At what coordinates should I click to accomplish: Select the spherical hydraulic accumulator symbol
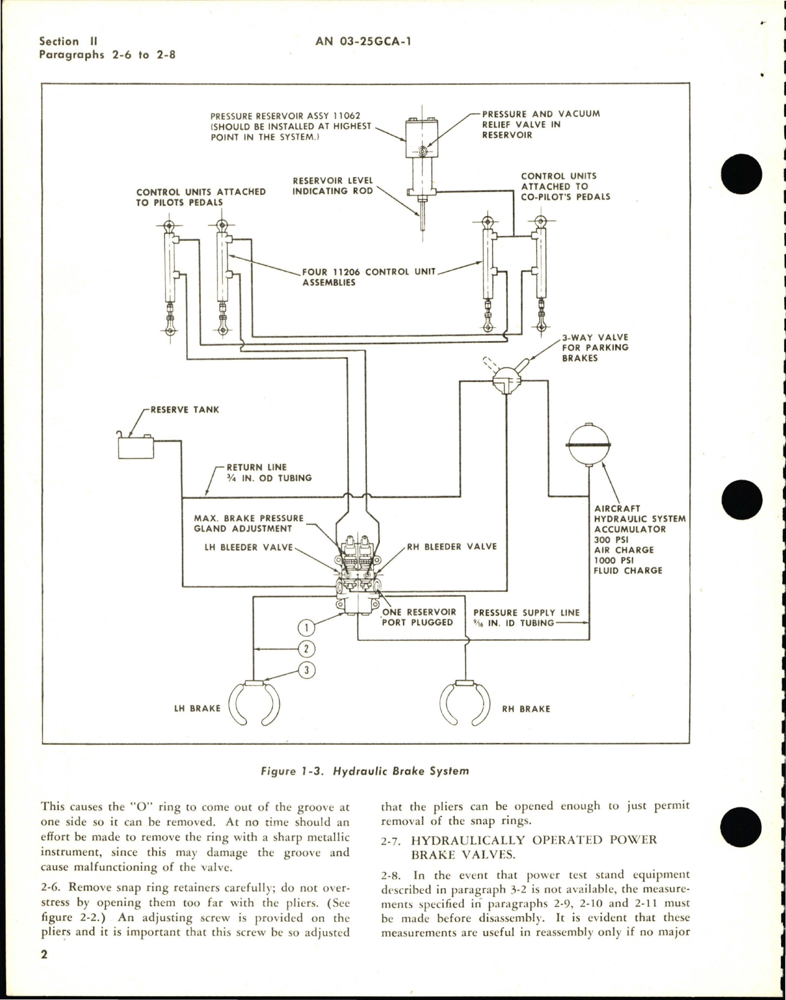tap(587, 444)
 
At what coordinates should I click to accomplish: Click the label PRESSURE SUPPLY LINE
tap(526, 613)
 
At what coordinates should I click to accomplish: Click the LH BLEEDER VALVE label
tap(248, 547)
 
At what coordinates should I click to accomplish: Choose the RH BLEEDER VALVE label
tap(452, 547)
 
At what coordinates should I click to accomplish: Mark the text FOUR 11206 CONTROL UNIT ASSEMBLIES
tap(369, 277)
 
